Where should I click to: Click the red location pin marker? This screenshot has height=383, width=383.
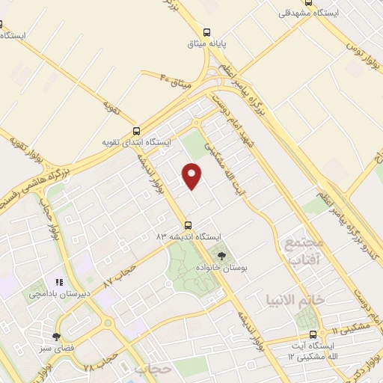tap(193, 175)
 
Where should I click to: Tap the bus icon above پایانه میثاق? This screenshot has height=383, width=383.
tap(207, 31)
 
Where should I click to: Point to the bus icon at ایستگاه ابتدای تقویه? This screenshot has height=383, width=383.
tap(135, 129)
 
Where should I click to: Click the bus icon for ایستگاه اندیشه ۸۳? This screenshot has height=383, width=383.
tap(188, 224)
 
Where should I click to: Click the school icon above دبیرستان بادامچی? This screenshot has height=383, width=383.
tap(58, 283)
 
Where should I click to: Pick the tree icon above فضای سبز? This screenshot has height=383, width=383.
tap(56, 337)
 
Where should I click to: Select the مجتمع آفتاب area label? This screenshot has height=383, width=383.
tap(302, 251)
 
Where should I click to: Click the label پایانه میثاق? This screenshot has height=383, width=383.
tap(207, 44)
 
